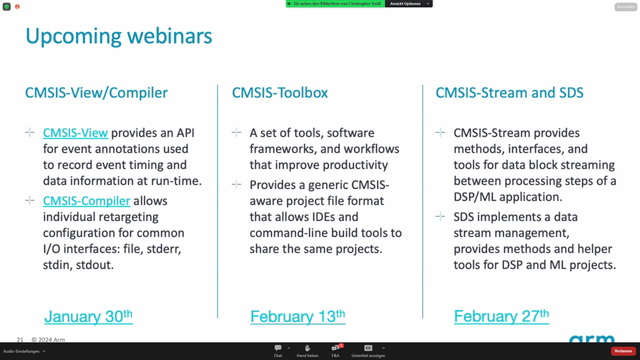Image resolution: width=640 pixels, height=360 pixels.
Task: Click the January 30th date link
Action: [88, 316]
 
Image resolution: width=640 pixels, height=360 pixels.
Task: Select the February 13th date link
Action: [298, 316]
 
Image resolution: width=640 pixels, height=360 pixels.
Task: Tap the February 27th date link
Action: [501, 316]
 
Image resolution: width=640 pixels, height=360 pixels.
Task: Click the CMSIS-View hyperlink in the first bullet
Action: [75, 133]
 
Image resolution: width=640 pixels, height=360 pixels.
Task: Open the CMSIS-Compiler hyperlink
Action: [86, 201]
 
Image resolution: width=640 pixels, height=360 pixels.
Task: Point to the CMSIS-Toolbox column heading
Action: [280, 93]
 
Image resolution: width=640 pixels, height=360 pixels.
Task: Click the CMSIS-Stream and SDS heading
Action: [510, 93]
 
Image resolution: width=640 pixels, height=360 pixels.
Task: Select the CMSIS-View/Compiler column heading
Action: [96, 93]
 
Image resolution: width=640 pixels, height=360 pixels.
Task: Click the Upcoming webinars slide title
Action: [119, 36]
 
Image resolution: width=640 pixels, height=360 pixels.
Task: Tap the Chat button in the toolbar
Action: [278, 351]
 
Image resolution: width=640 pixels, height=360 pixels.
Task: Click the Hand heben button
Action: [307, 351]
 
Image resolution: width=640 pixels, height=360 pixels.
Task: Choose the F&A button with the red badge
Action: [335, 351]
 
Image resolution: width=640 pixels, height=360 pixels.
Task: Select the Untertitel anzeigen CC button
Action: [368, 351]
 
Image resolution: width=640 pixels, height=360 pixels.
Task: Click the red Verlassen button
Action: [623, 351]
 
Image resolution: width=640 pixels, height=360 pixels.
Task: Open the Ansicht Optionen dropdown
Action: [409, 4]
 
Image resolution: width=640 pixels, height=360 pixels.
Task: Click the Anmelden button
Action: [626, 7]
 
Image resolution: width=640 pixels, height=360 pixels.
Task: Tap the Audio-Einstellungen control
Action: [24, 351]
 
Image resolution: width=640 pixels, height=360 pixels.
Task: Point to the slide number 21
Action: [20, 340]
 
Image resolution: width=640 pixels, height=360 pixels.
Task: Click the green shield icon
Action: [7, 7]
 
